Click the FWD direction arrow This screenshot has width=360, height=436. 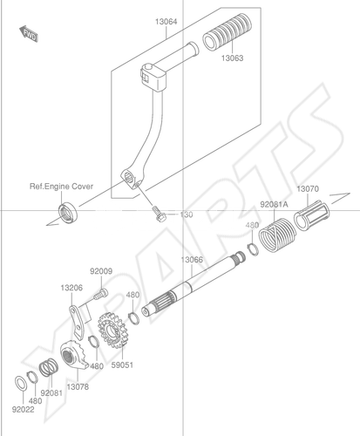(x=29, y=34)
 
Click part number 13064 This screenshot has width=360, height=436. (x=166, y=22)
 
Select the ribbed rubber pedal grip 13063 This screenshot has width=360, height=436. (x=227, y=32)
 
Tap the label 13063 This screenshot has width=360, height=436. (x=232, y=58)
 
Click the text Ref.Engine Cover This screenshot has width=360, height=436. (x=61, y=187)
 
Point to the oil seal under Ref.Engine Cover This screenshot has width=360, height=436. (x=68, y=213)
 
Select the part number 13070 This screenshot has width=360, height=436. (x=308, y=189)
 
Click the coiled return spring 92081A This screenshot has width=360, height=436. (x=277, y=235)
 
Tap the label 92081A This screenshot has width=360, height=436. (x=274, y=205)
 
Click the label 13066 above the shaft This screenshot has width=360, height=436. (x=192, y=260)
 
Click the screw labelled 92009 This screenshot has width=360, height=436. (x=100, y=294)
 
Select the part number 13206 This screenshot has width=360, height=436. (x=71, y=288)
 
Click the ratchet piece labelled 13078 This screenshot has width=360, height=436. (x=74, y=355)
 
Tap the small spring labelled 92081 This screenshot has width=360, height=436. (x=49, y=368)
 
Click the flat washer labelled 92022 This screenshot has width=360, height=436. (x=21, y=384)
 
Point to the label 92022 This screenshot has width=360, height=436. (x=23, y=410)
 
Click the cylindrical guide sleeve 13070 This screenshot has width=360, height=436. (x=311, y=215)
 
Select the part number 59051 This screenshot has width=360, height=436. (x=122, y=364)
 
